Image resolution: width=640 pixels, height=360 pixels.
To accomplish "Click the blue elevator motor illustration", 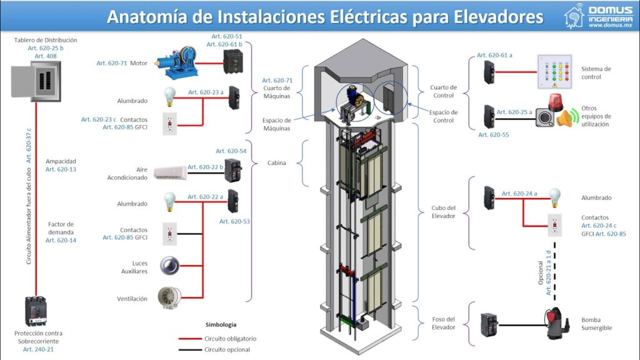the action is coord(177,62).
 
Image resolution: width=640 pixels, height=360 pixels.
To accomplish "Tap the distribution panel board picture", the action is coord(36,81).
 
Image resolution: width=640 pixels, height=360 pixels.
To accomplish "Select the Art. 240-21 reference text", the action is coord(38,349).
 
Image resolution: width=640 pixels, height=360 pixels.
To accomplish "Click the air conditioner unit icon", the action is coord(170,172).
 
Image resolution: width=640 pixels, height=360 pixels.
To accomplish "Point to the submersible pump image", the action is coord(557,323).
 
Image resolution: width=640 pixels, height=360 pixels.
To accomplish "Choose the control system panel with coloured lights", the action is coord(555,72).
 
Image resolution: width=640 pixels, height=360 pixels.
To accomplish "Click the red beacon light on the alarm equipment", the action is coord(555,102).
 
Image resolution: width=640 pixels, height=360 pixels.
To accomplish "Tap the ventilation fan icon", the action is coord(169,297).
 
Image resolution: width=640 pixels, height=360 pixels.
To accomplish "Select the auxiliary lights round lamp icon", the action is coord(169,265).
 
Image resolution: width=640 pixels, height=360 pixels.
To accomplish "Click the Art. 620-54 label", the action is coord(231,151).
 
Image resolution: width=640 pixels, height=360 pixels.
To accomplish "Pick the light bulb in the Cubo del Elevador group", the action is coord(554,198).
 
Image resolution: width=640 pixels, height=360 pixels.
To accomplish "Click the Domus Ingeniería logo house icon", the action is coord(575,16).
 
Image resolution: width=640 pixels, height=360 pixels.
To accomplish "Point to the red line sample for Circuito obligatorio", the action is coord(190,339).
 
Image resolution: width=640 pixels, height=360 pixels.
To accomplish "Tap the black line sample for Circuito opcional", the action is coord(190,350).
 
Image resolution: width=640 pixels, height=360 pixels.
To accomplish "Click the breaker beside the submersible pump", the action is coord(489,325).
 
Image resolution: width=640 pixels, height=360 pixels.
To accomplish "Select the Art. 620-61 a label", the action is coord(494,55).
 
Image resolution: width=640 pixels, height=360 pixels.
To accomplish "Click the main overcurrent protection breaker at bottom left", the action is coord(36,311).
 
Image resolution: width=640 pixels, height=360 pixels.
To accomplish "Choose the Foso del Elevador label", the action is coord(443,323).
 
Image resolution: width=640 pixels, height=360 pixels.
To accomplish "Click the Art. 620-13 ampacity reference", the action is coord(61,169).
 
